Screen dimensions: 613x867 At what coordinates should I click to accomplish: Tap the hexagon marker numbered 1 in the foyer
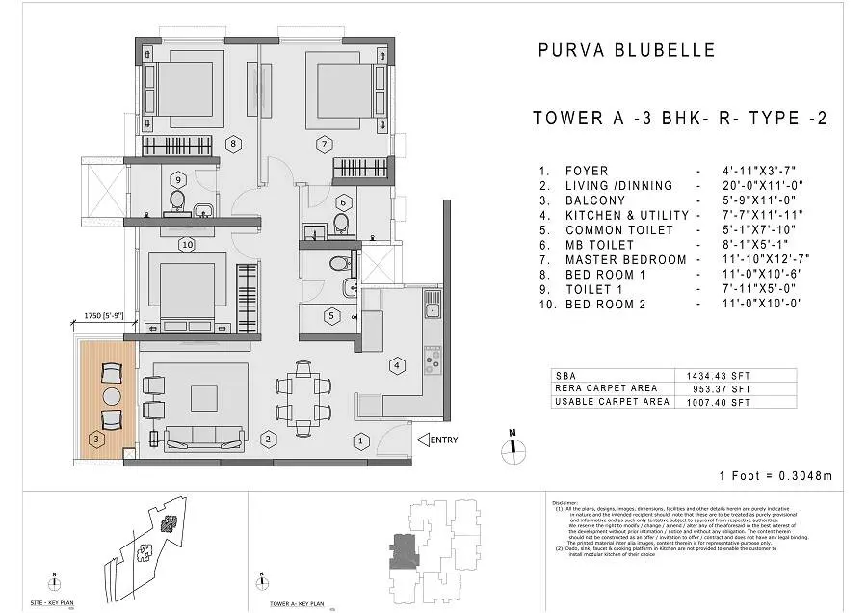click(359, 441)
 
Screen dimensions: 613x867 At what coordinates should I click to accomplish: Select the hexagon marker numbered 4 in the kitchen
click(396, 365)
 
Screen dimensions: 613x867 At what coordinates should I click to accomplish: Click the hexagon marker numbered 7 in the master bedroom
click(325, 145)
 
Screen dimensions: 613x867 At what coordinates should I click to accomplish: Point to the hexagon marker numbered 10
click(187, 245)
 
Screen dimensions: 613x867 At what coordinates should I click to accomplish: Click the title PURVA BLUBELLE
click(625, 51)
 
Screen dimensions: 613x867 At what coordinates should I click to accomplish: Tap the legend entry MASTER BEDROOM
click(625, 259)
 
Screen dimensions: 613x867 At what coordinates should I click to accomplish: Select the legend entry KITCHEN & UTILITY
click(626, 216)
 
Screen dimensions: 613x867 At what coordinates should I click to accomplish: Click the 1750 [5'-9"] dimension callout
click(100, 315)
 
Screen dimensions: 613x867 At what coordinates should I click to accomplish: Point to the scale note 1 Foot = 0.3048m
click(775, 476)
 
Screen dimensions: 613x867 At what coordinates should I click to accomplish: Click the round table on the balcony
click(112, 397)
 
